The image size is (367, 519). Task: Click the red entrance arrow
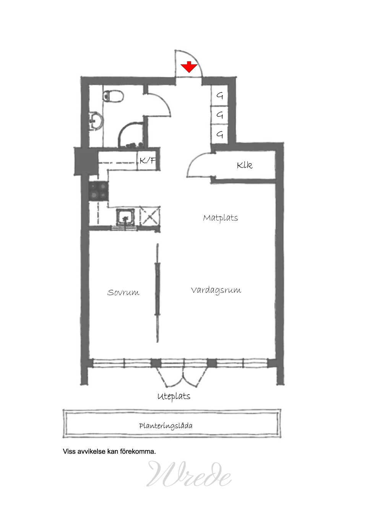click(x=189, y=67)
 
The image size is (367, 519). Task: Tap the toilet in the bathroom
click(x=113, y=96)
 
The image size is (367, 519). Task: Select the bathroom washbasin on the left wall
click(x=96, y=121)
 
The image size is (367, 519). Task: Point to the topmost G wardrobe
click(x=219, y=96)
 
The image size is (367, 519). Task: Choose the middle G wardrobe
click(x=219, y=115)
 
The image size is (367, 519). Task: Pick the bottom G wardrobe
click(x=219, y=134)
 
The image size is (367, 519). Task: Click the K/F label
click(x=147, y=160)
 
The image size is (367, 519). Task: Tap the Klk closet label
click(x=245, y=165)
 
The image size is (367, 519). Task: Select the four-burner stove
click(x=99, y=191)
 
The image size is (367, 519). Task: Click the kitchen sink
click(x=125, y=217)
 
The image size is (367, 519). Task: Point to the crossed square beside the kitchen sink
click(x=150, y=216)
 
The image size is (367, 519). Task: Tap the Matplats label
click(x=220, y=218)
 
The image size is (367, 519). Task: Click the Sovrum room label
click(x=123, y=293)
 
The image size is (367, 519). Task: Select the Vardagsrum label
click(x=216, y=290)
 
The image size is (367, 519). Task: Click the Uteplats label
click(x=174, y=396)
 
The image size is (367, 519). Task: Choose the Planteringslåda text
click(x=166, y=426)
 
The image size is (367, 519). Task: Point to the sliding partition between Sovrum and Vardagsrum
click(x=158, y=293)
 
